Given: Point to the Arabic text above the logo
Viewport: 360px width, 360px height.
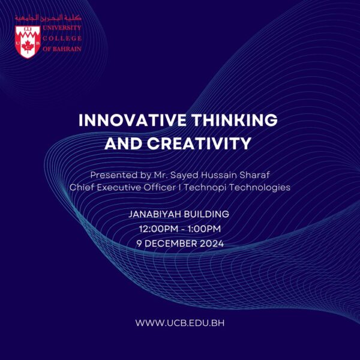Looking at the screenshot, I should [x=47, y=19].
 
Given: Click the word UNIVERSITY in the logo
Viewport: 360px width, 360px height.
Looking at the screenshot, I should [x=62, y=28].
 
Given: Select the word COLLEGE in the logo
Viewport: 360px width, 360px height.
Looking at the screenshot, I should [x=62, y=38].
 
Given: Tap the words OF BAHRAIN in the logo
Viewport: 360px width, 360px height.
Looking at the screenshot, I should [x=62, y=49].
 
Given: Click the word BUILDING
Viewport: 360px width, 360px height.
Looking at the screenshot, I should [x=208, y=214].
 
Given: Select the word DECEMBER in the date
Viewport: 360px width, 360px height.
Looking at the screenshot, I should [x=174, y=243].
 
